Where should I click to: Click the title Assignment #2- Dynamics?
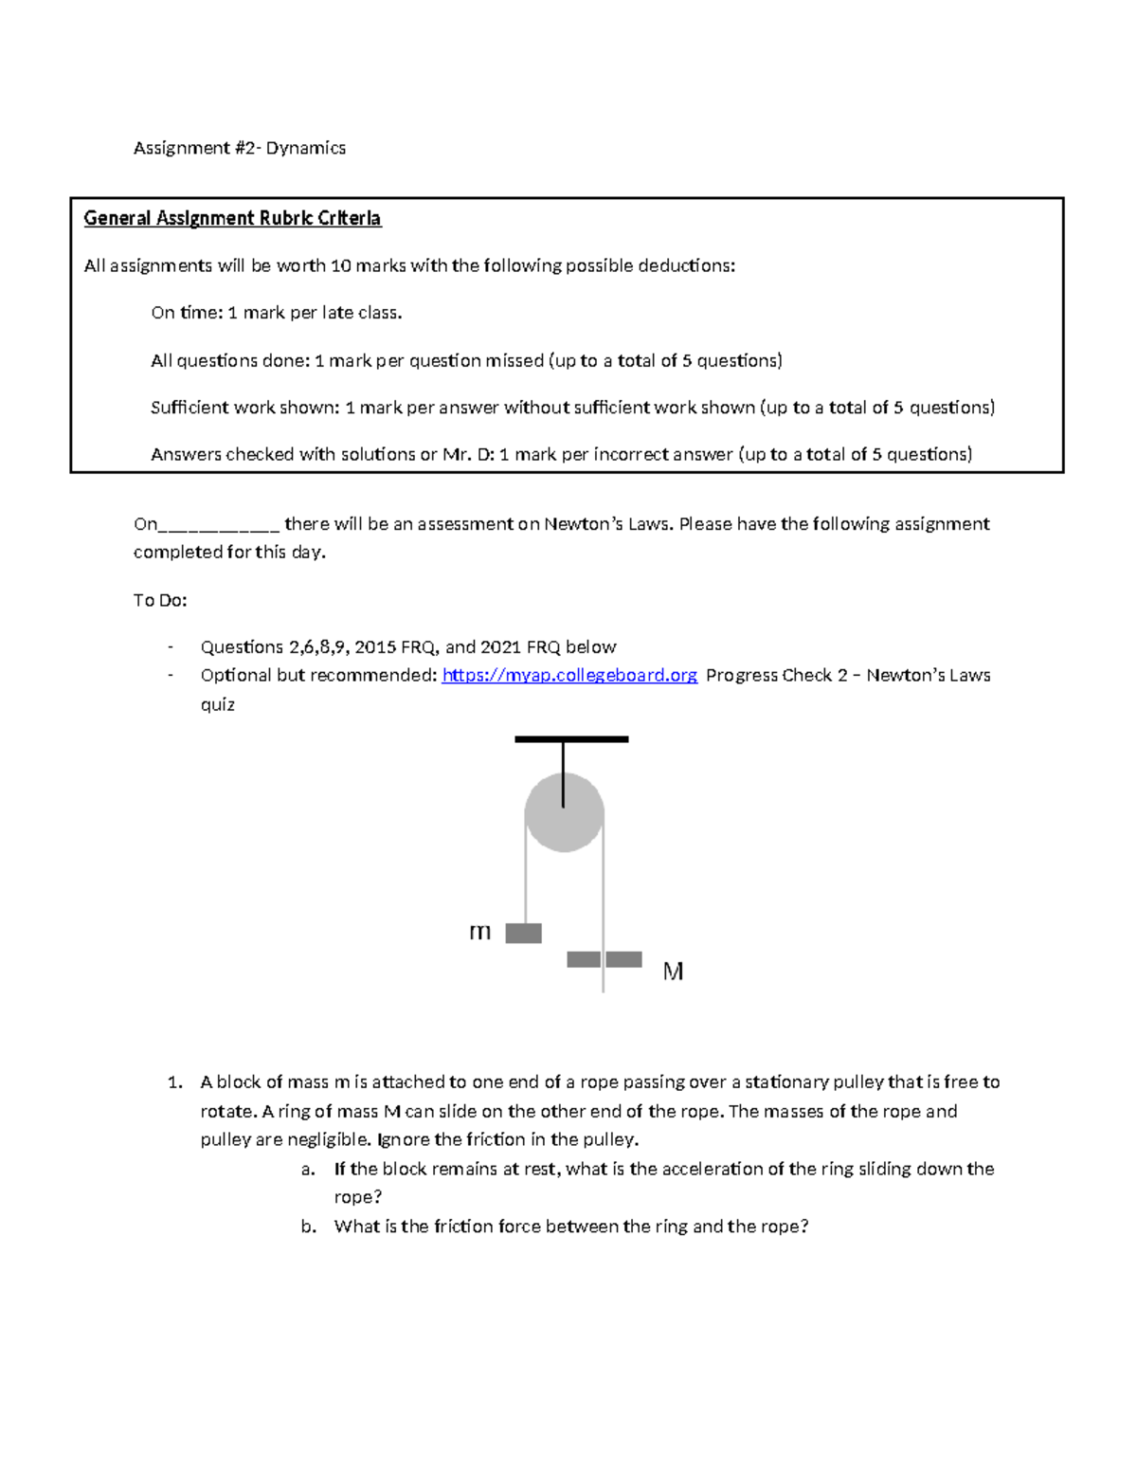click(239, 148)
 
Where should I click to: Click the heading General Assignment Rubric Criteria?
click(232, 219)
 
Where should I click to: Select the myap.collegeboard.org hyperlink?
click(569, 676)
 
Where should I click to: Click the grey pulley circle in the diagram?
click(565, 812)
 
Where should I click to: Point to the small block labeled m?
click(523, 934)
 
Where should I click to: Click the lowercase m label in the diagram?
click(480, 933)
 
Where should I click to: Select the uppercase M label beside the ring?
click(673, 972)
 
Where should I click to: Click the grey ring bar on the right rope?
click(604, 959)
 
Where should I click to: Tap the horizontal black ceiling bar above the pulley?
click(571, 738)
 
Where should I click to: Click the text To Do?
click(160, 601)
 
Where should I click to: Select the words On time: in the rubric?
click(187, 314)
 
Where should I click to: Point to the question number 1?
click(173, 1082)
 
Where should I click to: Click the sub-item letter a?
click(307, 1170)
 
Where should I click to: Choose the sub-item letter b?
click(307, 1227)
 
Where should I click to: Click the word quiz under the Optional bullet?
click(217, 705)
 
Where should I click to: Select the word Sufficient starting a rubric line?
click(189, 409)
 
